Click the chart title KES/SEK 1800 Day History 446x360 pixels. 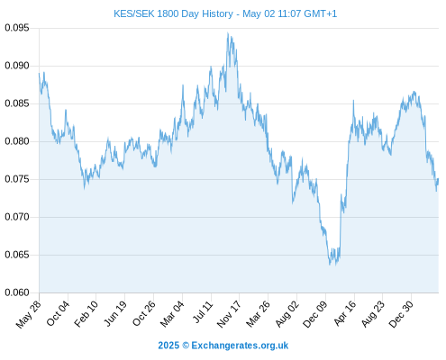pos(174,13)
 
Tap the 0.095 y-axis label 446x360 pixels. pos(17,28)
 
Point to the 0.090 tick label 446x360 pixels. pos(17,66)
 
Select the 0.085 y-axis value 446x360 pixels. pos(17,103)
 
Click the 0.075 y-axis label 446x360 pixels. pos(17,179)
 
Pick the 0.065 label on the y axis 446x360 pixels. pos(17,255)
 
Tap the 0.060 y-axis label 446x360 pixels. pos(17,292)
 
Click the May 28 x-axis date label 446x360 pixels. pos(29,314)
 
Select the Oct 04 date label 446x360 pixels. pos(58,313)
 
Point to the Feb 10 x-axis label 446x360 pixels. pos(86,314)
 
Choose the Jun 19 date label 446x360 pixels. pos(115,313)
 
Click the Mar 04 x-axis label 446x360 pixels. pos(172,314)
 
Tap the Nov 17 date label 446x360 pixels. pos(229,314)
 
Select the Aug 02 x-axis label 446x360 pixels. pos(287,314)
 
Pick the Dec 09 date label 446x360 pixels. pos(315,314)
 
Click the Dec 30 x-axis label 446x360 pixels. pos(401,314)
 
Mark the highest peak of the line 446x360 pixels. pos(228,33)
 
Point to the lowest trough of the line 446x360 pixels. pos(330,265)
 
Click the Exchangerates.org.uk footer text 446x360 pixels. pos(240,346)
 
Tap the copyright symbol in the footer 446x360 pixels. pos(186,346)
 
